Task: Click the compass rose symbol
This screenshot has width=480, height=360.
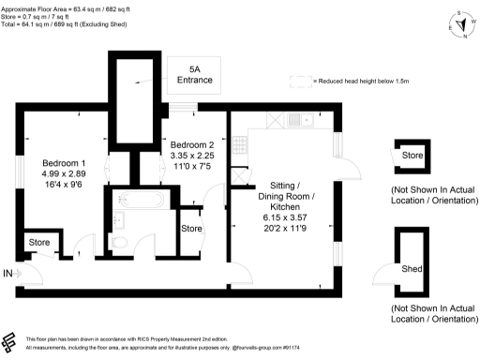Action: click(461, 26)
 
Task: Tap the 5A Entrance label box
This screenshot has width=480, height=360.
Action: click(194, 75)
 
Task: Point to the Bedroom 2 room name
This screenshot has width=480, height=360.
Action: click(192, 144)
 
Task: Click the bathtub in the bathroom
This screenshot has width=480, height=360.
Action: click(140, 200)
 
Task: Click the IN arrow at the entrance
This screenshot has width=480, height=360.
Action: click(9, 273)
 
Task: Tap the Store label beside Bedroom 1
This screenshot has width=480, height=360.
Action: click(39, 243)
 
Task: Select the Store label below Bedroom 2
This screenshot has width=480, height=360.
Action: click(191, 228)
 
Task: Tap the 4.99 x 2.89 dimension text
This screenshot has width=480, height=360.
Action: click(64, 173)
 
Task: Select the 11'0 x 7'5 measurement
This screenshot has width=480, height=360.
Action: click(192, 167)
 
